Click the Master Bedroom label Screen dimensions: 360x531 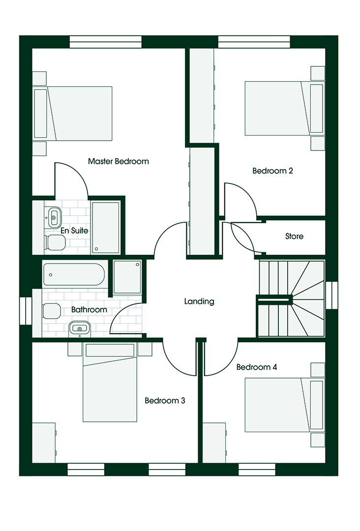118,161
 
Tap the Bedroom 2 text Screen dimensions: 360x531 272,171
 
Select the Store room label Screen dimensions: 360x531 294,236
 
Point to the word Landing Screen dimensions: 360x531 199,301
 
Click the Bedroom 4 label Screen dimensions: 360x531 257,367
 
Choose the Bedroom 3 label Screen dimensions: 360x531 165,401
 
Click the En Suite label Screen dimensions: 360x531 74,231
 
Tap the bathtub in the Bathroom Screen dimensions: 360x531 74,275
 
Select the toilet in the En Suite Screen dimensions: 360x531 55,242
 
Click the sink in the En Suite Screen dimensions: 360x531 54,217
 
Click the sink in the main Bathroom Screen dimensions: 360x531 80,329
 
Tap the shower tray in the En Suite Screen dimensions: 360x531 106,228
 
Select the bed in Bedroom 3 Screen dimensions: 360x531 110,383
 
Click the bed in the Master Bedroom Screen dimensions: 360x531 73,114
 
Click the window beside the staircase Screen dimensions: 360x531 331,295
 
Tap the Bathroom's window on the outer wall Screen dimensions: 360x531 26,311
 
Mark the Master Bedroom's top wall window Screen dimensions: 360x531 106,42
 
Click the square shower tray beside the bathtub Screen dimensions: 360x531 127,277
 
